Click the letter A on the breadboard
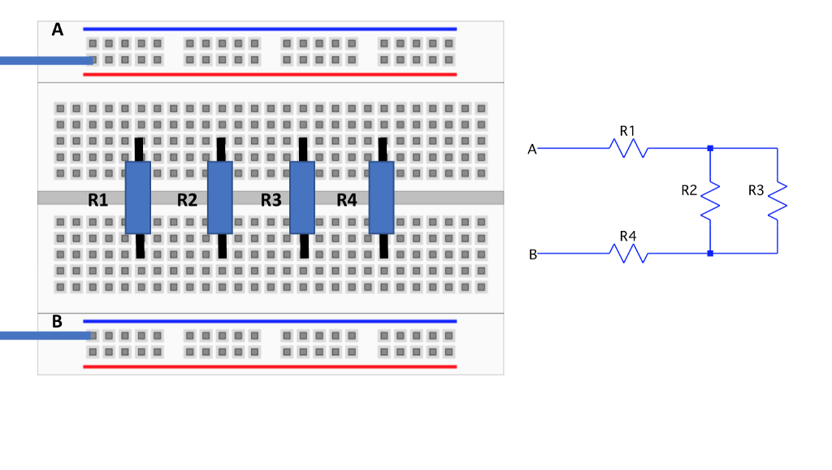(58, 29)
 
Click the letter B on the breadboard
(58, 321)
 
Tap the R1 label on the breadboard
(98, 200)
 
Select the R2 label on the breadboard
(188, 200)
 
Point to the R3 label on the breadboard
(271, 200)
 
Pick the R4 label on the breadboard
(347, 200)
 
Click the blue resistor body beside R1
(138, 198)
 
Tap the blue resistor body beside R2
(220, 198)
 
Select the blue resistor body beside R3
(302, 198)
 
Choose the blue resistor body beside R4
(382, 198)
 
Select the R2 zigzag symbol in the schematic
(710, 201)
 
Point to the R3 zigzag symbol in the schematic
(778, 201)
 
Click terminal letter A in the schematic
(532, 149)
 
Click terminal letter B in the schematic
(532, 255)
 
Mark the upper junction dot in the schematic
(710, 148)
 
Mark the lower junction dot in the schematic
(710, 254)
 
